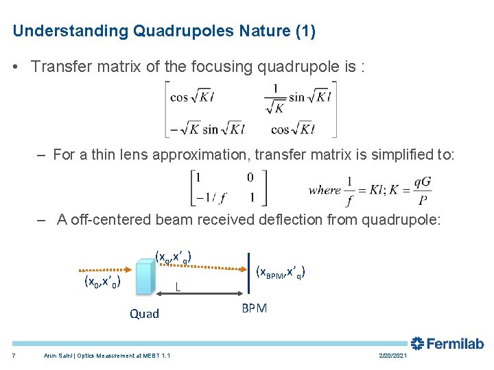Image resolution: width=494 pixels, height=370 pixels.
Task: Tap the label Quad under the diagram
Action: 144,314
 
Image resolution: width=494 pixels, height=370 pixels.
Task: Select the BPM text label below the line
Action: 254,308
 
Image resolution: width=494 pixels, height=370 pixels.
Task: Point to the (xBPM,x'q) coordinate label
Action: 280,272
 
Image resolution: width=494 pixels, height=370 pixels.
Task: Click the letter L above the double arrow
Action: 178,286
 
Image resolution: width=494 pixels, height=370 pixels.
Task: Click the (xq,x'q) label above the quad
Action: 173,258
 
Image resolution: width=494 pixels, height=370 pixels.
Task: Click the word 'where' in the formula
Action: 325,190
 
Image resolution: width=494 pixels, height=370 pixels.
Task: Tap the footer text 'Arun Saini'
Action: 58,355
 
